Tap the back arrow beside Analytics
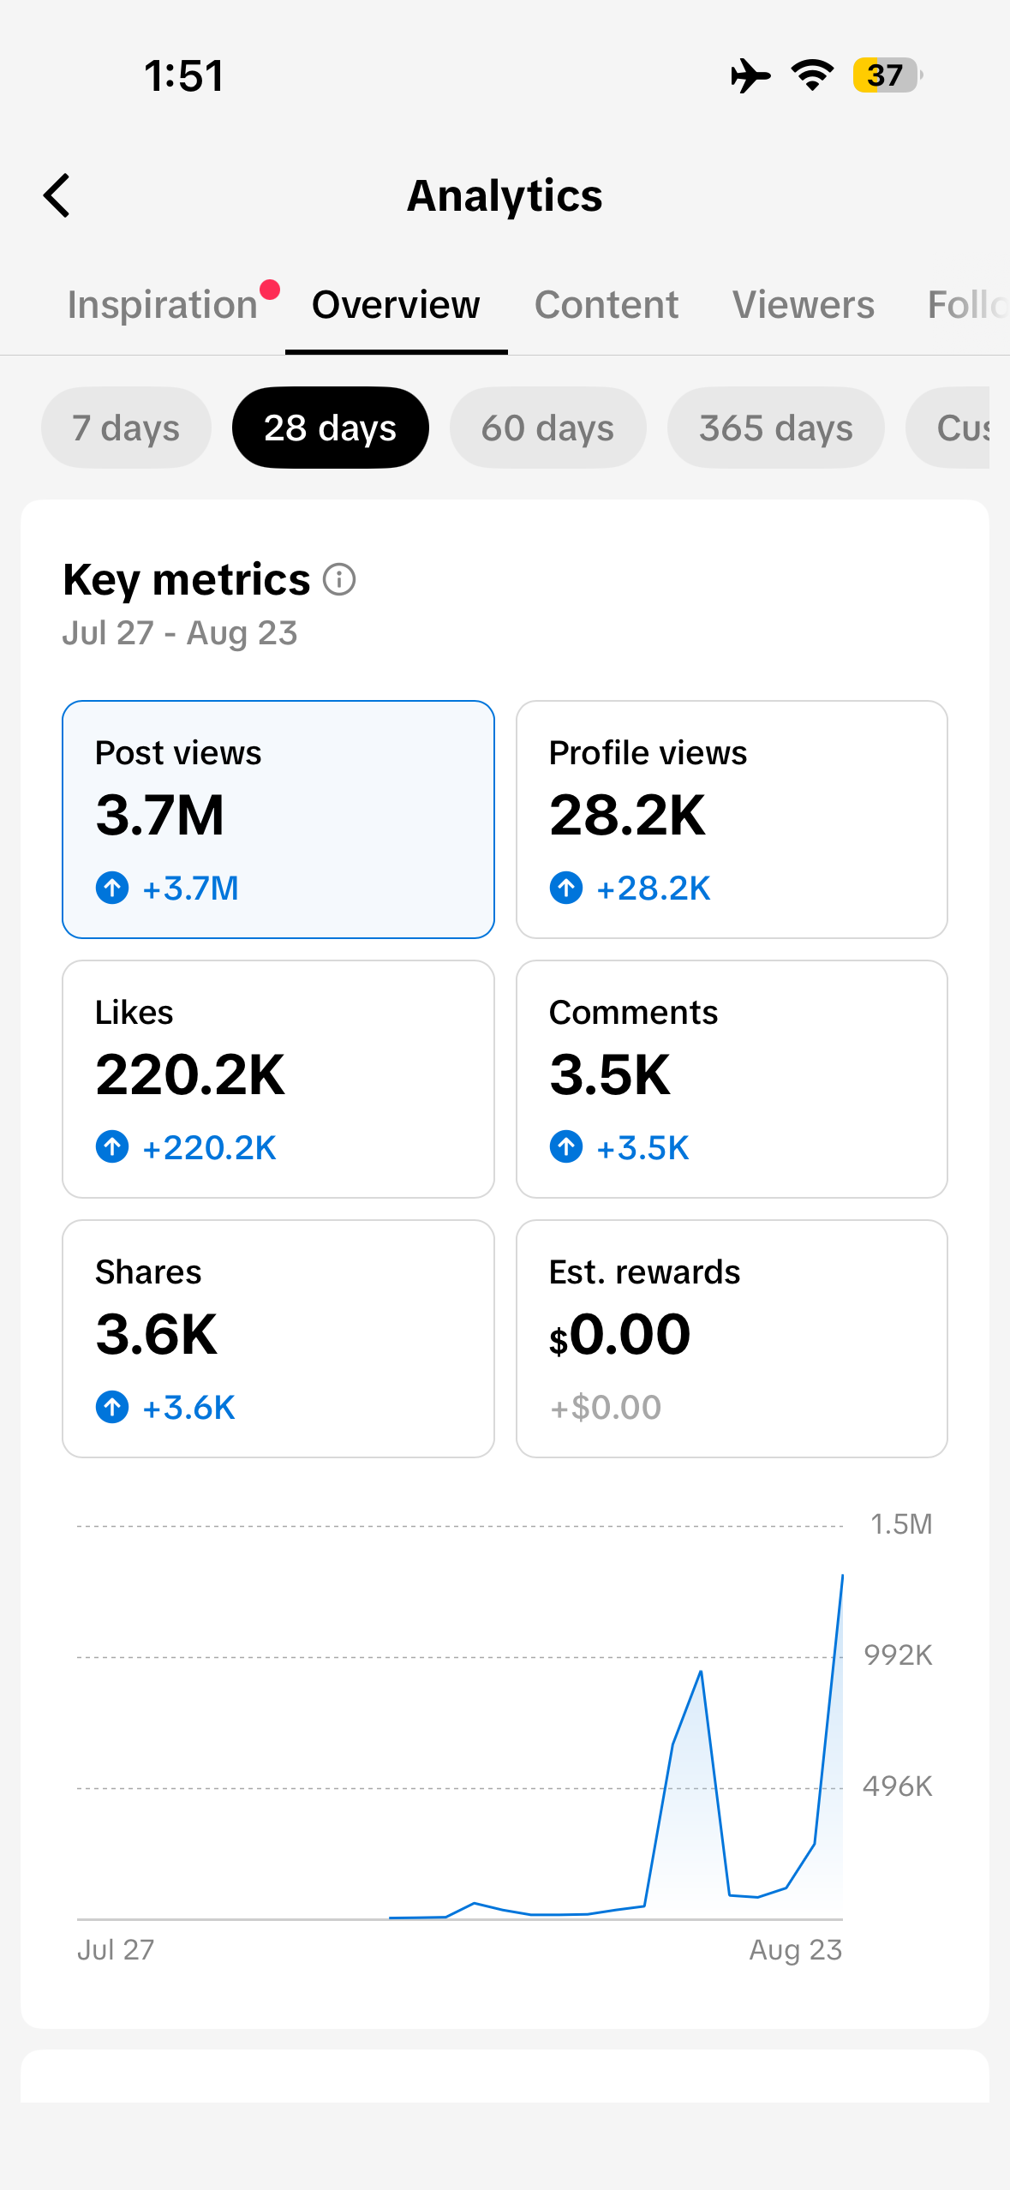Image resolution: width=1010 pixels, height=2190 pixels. (x=57, y=195)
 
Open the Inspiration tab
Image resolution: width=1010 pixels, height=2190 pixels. (x=163, y=305)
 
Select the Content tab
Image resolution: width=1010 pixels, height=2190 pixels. (x=607, y=305)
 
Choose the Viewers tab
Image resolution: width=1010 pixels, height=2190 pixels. (x=804, y=305)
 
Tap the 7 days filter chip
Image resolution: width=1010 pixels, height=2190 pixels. (x=126, y=428)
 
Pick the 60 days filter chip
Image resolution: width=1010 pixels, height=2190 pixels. (x=547, y=428)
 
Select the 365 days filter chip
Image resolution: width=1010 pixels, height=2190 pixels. (x=775, y=428)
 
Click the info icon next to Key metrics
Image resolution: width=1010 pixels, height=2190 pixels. (x=339, y=579)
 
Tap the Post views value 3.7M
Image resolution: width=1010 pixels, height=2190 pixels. (x=160, y=815)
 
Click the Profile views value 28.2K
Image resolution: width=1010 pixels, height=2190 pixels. (x=628, y=815)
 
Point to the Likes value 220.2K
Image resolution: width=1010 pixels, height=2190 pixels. (x=190, y=1074)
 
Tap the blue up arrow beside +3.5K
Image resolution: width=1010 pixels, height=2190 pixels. (x=566, y=1146)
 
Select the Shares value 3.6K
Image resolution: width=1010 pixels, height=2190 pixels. (x=157, y=1334)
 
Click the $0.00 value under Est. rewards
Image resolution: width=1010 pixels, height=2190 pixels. (x=620, y=1334)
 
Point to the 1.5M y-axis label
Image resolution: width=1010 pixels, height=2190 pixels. (x=901, y=1524)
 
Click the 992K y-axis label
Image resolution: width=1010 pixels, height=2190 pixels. (x=898, y=1655)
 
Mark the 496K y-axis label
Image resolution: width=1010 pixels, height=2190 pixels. (x=898, y=1786)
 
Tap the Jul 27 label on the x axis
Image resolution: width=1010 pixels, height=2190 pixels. (x=116, y=1950)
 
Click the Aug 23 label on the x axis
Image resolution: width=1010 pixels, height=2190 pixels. (x=796, y=1950)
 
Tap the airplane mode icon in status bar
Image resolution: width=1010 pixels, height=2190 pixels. (x=750, y=75)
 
